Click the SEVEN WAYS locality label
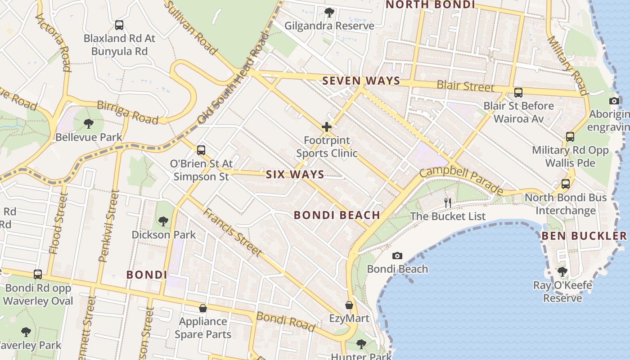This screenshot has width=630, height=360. point(361,81)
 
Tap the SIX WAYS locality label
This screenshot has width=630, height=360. point(295,175)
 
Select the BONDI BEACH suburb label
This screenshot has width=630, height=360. point(337,215)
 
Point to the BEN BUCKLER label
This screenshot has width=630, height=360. point(584,236)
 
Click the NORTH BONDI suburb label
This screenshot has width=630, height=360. point(431,4)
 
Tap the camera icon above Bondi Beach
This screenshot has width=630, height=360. point(397,256)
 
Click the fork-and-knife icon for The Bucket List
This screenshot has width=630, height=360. point(447,203)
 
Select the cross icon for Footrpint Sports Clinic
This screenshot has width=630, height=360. point(327,127)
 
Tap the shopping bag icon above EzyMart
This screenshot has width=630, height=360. point(349,305)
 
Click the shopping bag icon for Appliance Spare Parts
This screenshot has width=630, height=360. point(203,308)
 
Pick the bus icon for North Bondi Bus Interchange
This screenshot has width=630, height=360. point(566,184)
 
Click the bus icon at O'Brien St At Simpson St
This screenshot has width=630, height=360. point(201,150)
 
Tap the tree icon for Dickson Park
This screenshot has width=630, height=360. point(163,221)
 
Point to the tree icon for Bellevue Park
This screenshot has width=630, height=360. point(89,123)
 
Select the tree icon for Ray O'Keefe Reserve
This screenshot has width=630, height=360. point(562,271)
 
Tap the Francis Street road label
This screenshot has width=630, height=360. point(232,232)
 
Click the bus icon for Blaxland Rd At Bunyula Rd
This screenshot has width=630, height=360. point(119,25)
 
